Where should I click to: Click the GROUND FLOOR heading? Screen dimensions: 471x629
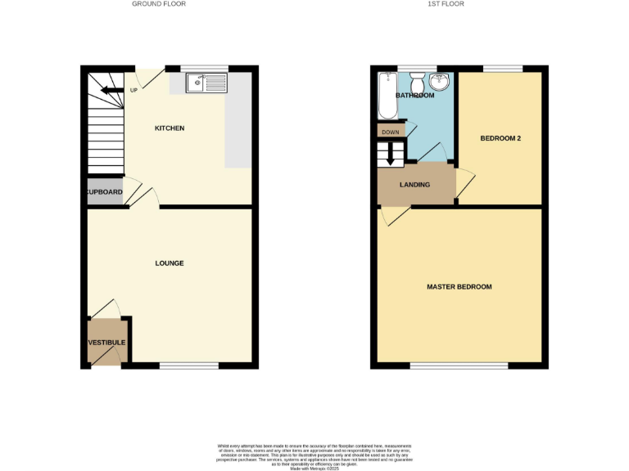point(159,4)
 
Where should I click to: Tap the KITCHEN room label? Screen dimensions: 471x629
point(170,128)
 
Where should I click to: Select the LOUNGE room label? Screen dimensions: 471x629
point(170,263)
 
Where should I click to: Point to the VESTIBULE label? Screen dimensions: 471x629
point(106,342)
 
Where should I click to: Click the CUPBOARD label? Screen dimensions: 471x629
point(104,192)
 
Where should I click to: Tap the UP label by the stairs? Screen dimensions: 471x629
point(133,90)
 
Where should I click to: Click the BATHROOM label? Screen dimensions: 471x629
point(415,96)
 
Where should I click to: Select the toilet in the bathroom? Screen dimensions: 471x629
point(416,83)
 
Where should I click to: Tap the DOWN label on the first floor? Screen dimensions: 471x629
point(390,132)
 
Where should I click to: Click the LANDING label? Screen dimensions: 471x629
point(414,185)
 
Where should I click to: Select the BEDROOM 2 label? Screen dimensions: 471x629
point(500,138)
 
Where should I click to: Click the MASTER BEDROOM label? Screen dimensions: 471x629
point(459,287)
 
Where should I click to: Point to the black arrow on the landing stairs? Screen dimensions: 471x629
point(391,153)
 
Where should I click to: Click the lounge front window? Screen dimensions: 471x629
point(188,366)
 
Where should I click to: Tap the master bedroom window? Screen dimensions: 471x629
point(459,366)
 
